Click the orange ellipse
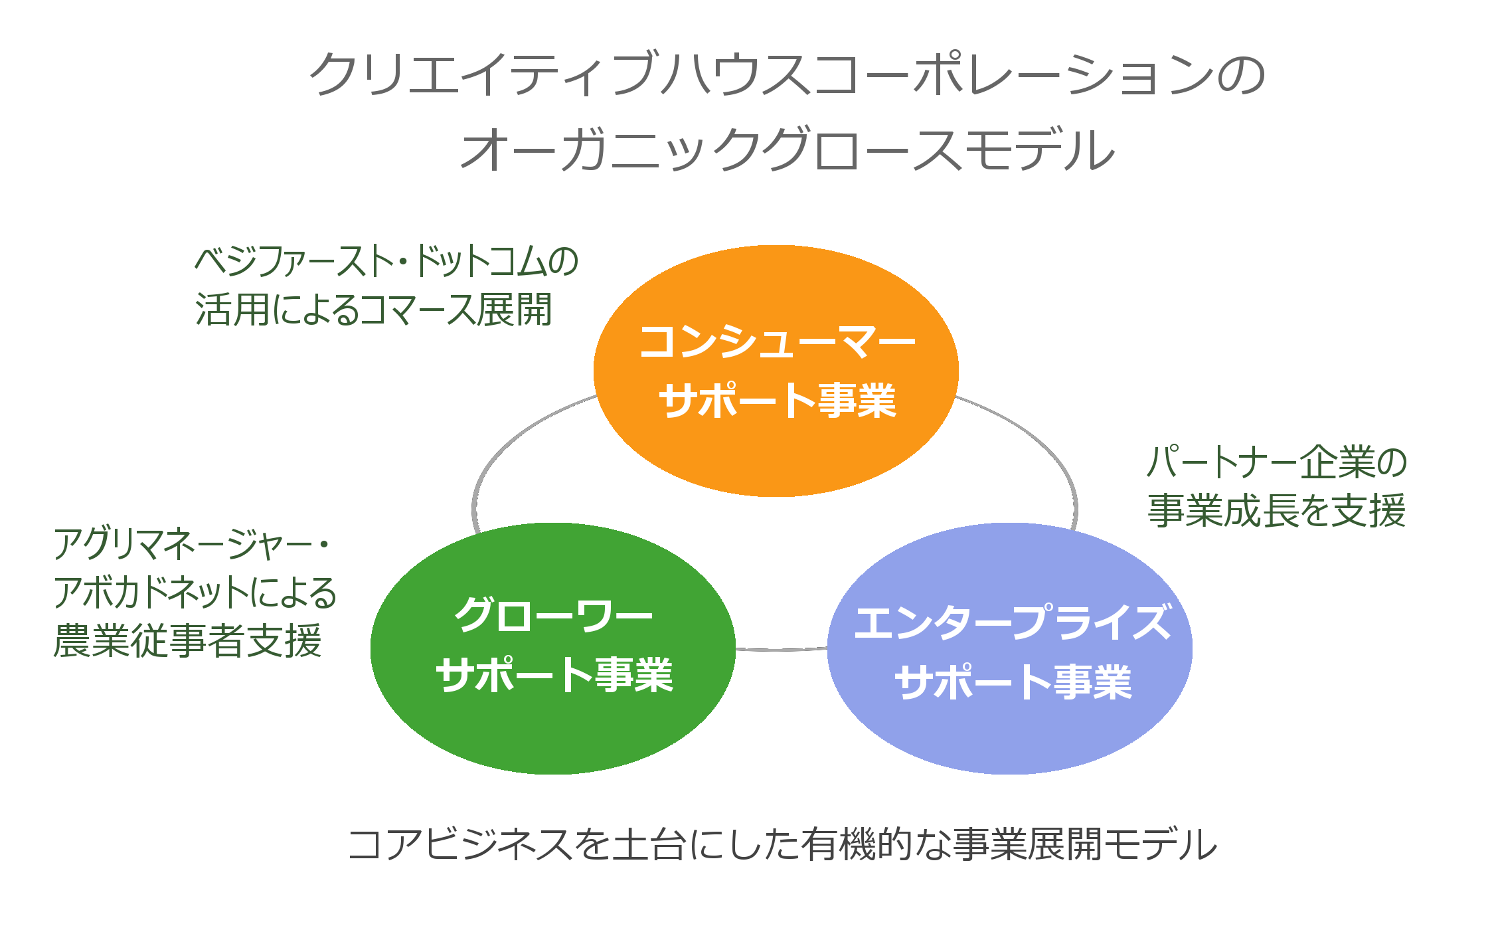click(776, 371)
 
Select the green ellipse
click(553, 648)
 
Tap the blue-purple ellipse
click(1010, 648)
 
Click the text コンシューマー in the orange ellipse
click(777, 341)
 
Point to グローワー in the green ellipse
click(553, 616)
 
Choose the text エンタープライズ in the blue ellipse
click(1013, 622)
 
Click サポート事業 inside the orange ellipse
click(777, 401)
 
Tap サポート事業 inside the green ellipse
click(554, 675)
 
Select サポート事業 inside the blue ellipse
click(1013, 682)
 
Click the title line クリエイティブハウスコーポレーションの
click(788, 74)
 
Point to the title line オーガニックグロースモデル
click(788, 149)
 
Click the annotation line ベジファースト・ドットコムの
click(386, 260)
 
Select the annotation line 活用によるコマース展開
click(373, 310)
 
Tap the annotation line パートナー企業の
click(1277, 462)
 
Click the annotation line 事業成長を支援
click(1277, 510)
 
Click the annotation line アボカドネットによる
click(195, 592)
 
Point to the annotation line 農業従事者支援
click(187, 640)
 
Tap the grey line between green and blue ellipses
click(782, 649)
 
